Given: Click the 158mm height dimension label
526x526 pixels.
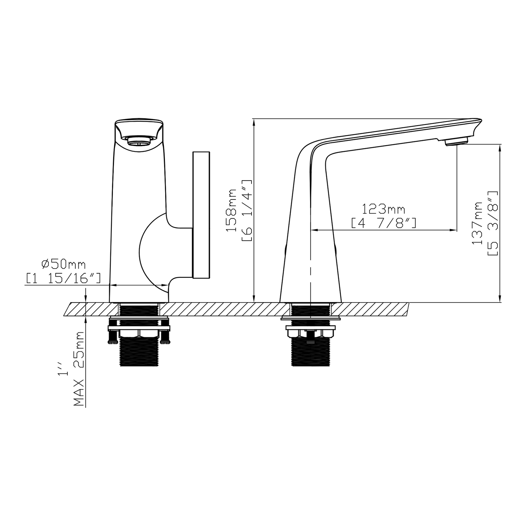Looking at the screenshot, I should (x=232, y=210).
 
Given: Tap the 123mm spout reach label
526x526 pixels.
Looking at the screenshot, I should (x=383, y=209).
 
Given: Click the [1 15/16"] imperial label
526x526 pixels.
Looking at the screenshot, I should (x=63, y=278).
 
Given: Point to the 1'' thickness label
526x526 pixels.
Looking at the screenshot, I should (x=64, y=368).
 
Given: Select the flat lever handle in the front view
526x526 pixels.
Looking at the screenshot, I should (x=201, y=215).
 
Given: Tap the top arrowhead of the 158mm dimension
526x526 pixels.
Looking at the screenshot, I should (x=254, y=122).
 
